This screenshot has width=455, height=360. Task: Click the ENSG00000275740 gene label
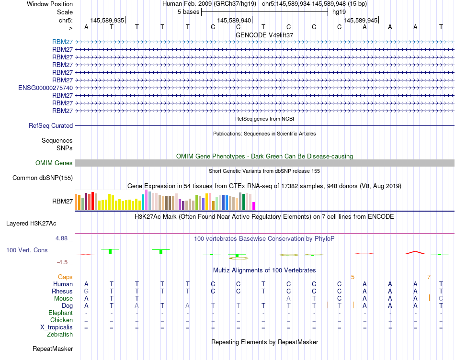click(45, 88)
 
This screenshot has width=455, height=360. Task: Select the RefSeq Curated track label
click(51, 126)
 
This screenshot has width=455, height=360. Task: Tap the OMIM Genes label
click(54, 163)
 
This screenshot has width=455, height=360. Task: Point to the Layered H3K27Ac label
click(31, 223)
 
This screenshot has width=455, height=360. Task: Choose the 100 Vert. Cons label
click(27, 250)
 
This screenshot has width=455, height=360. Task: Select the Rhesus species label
click(62, 291)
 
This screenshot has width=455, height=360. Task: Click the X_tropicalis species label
click(57, 327)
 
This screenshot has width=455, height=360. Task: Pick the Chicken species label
click(61, 320)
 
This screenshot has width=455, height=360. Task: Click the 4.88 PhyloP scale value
click(62, 238)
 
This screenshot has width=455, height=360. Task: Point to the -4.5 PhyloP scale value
click(63, 262)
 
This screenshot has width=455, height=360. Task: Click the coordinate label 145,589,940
click(234, 21)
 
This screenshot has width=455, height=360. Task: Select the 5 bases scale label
click(187, 11)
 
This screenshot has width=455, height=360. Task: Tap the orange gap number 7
click(429, 277)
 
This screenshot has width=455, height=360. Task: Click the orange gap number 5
click(353, 277)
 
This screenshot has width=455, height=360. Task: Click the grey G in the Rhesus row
click(86, 291)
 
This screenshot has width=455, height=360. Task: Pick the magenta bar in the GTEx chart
click(254, 206)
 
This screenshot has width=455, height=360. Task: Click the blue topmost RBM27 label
click(63, 42)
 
